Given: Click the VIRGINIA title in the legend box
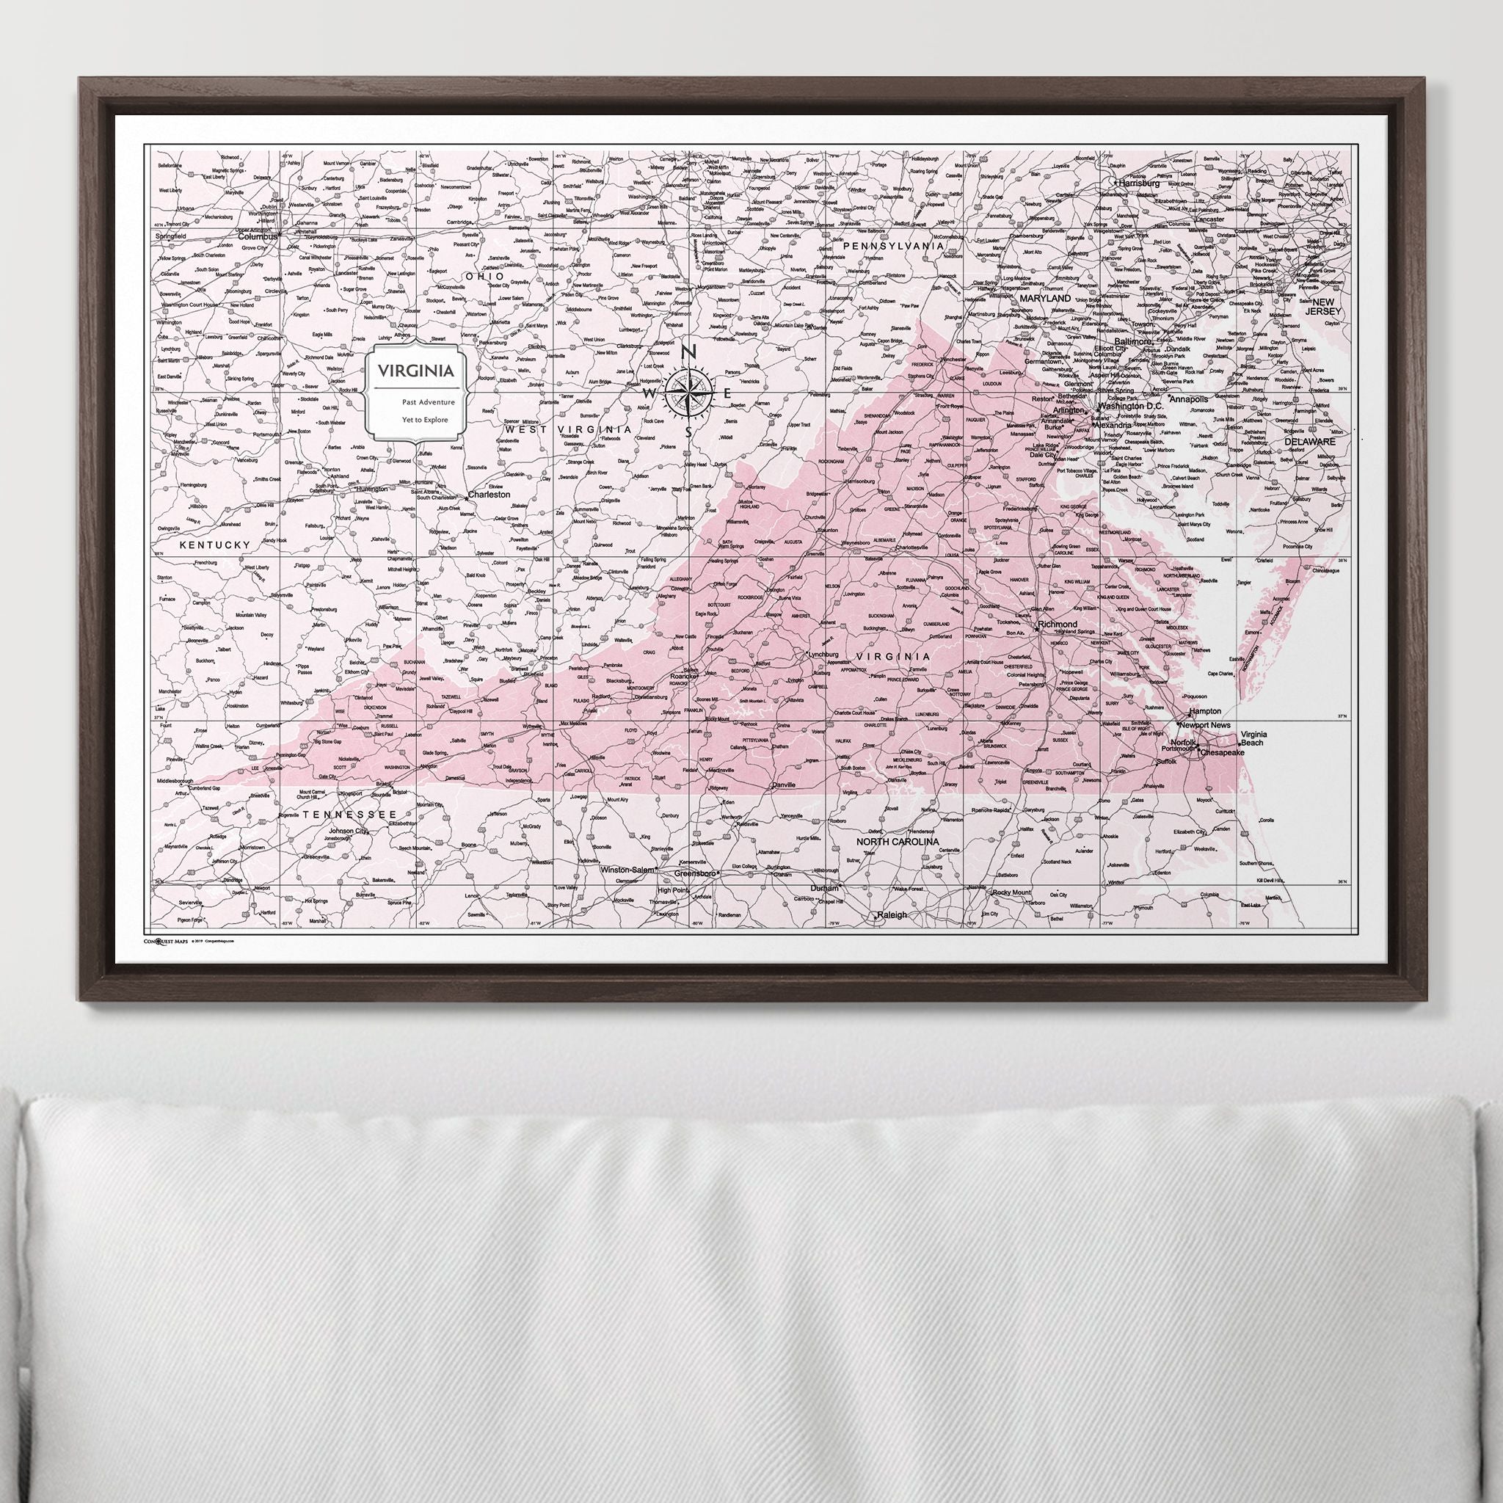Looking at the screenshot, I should coord(415,371).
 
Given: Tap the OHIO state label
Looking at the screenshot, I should coord(484,276).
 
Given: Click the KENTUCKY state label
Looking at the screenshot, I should coord(215,545).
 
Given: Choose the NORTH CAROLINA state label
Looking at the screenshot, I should coord(897,842).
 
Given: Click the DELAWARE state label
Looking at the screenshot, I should coord(1309,441).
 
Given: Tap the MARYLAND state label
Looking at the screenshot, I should coord(1046,298).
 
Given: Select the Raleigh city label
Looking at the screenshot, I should coord(891,916).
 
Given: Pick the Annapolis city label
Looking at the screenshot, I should coord(1189,399).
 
